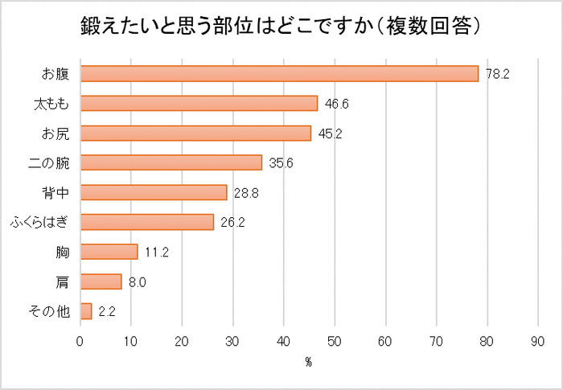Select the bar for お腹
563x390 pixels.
coord(280,74)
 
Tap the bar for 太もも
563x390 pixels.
coord(199,103)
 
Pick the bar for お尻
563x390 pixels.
coord(195,133)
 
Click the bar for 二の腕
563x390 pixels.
coord(171,162)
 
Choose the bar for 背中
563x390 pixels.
coord(154,192)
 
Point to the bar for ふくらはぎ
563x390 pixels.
coord(147,222)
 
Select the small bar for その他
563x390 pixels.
coord(86,311)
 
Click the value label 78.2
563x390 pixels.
coord(499,74)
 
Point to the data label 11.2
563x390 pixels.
coord(157,252)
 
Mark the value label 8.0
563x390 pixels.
coord(138,281)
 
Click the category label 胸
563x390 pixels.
coord(63,252)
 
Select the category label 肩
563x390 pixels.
coord(63,281)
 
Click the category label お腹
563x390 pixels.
coord(55,74)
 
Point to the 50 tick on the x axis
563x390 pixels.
coord(335,341)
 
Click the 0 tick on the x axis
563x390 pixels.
coord(80,341)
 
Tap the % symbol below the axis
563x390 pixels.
coord(308,363)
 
